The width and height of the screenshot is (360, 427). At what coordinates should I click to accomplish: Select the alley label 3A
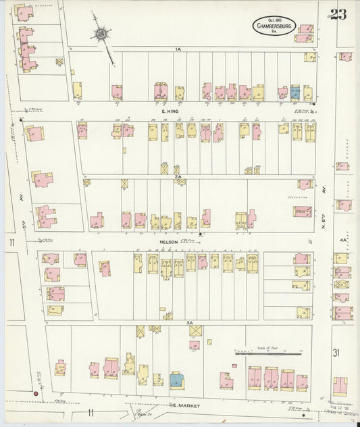pos(191,324)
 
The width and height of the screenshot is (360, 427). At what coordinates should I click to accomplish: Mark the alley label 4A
pos(342,240)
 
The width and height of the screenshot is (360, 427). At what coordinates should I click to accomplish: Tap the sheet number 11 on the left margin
pos(11,243)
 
